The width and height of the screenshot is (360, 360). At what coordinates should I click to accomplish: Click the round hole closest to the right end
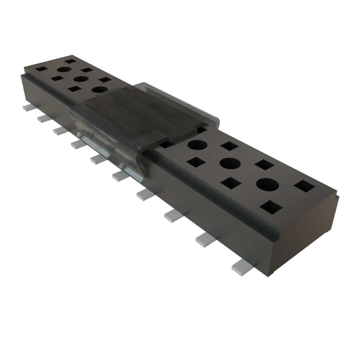268,185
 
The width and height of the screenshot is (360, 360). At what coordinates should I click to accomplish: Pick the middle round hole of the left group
81,79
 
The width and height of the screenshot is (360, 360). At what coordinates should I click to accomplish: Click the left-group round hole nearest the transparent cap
100,90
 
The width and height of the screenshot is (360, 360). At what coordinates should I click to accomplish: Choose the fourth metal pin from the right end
146,194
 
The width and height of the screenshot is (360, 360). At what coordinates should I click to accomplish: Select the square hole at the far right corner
304,186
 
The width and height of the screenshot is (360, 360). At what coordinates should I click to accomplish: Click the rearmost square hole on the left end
71,61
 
